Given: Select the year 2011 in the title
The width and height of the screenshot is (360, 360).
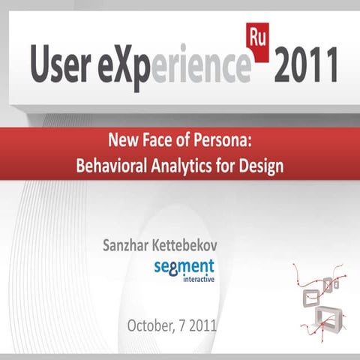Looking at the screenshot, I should click(306, 67).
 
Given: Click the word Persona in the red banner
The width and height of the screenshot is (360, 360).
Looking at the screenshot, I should click(225, 140).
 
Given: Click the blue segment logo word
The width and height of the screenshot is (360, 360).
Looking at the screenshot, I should click(184, 266).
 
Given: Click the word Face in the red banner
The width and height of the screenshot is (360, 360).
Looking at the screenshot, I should click(155, 140).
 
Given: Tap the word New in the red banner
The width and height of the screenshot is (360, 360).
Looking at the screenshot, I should click(124, 140).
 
